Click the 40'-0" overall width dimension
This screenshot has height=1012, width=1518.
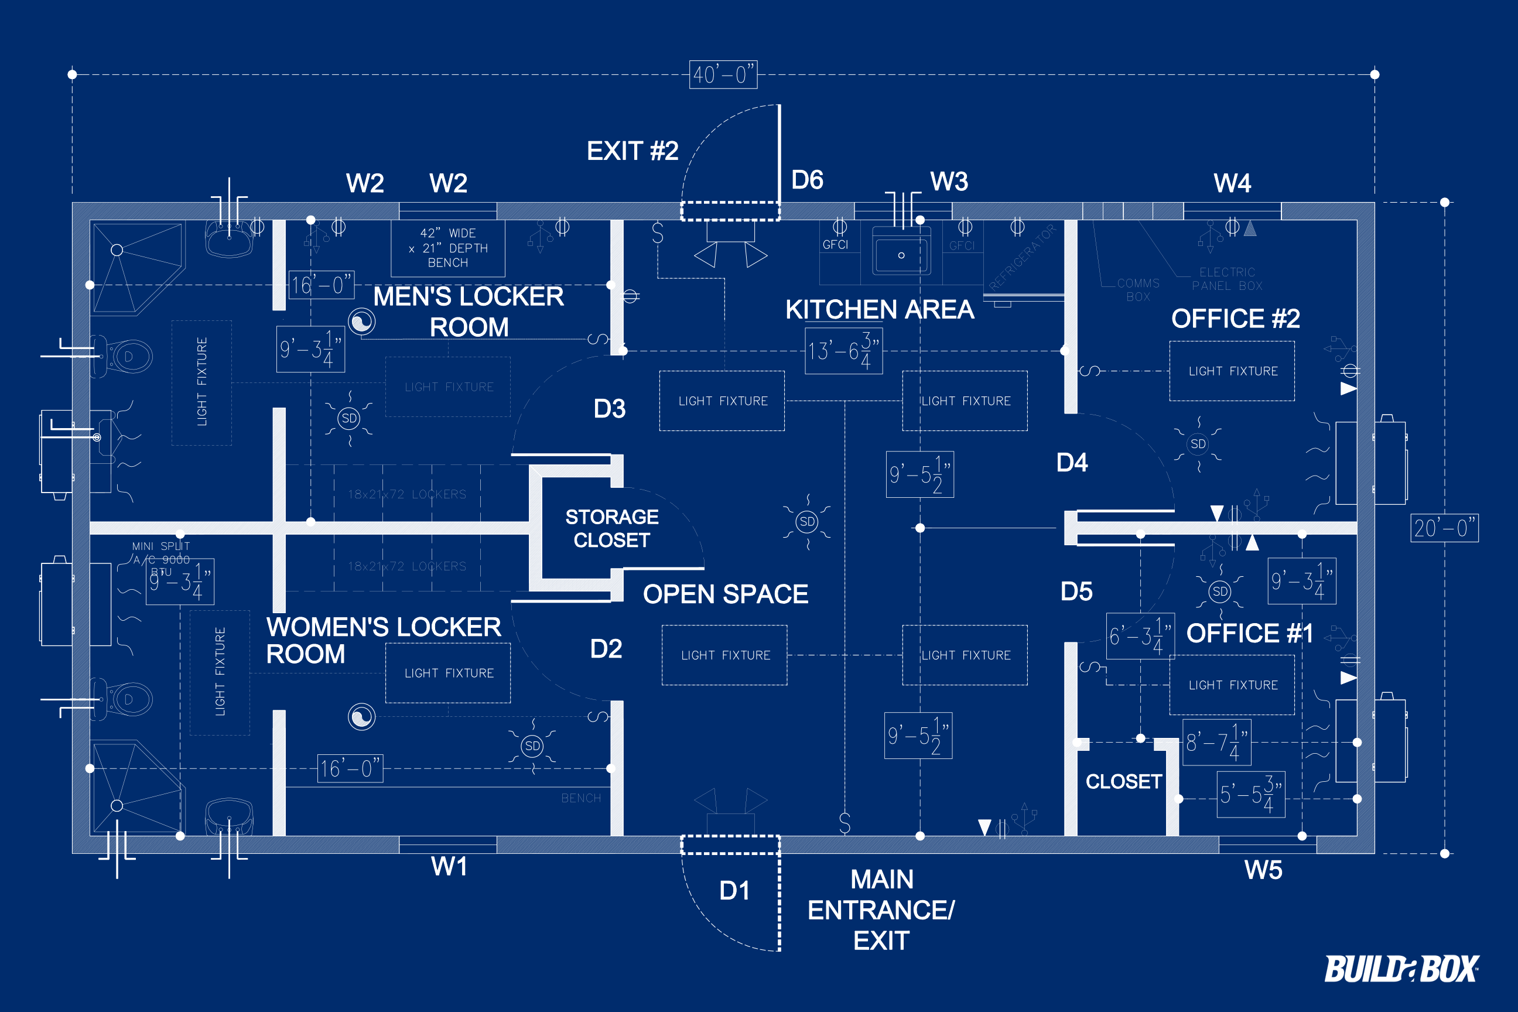(x=723, y=75)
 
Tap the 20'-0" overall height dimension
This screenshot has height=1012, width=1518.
(x=1444, y=528)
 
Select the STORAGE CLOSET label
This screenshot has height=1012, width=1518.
(x=611, y=528)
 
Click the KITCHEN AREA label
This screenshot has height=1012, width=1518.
(x=879, y=310)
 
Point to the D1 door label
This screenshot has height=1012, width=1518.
(x=734, y=891)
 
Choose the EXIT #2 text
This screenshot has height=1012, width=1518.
(x=632, y=151)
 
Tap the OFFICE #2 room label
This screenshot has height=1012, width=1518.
(x=1235, y=318)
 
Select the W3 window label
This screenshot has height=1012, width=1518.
(x=949, y=182)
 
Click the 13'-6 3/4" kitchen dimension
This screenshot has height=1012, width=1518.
(x=843, y=351)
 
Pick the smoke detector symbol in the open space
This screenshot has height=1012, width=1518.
(x=807, y=521)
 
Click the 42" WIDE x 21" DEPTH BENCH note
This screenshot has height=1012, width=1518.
(x=448, y=248)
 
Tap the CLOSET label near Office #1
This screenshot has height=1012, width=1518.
(x=1123, y=782)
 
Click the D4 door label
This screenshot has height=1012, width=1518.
(x=1071, y=462)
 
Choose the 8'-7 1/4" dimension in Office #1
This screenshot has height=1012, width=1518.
(x=1216, y=742)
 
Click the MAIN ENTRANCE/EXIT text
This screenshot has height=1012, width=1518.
(x=881, y=910)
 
